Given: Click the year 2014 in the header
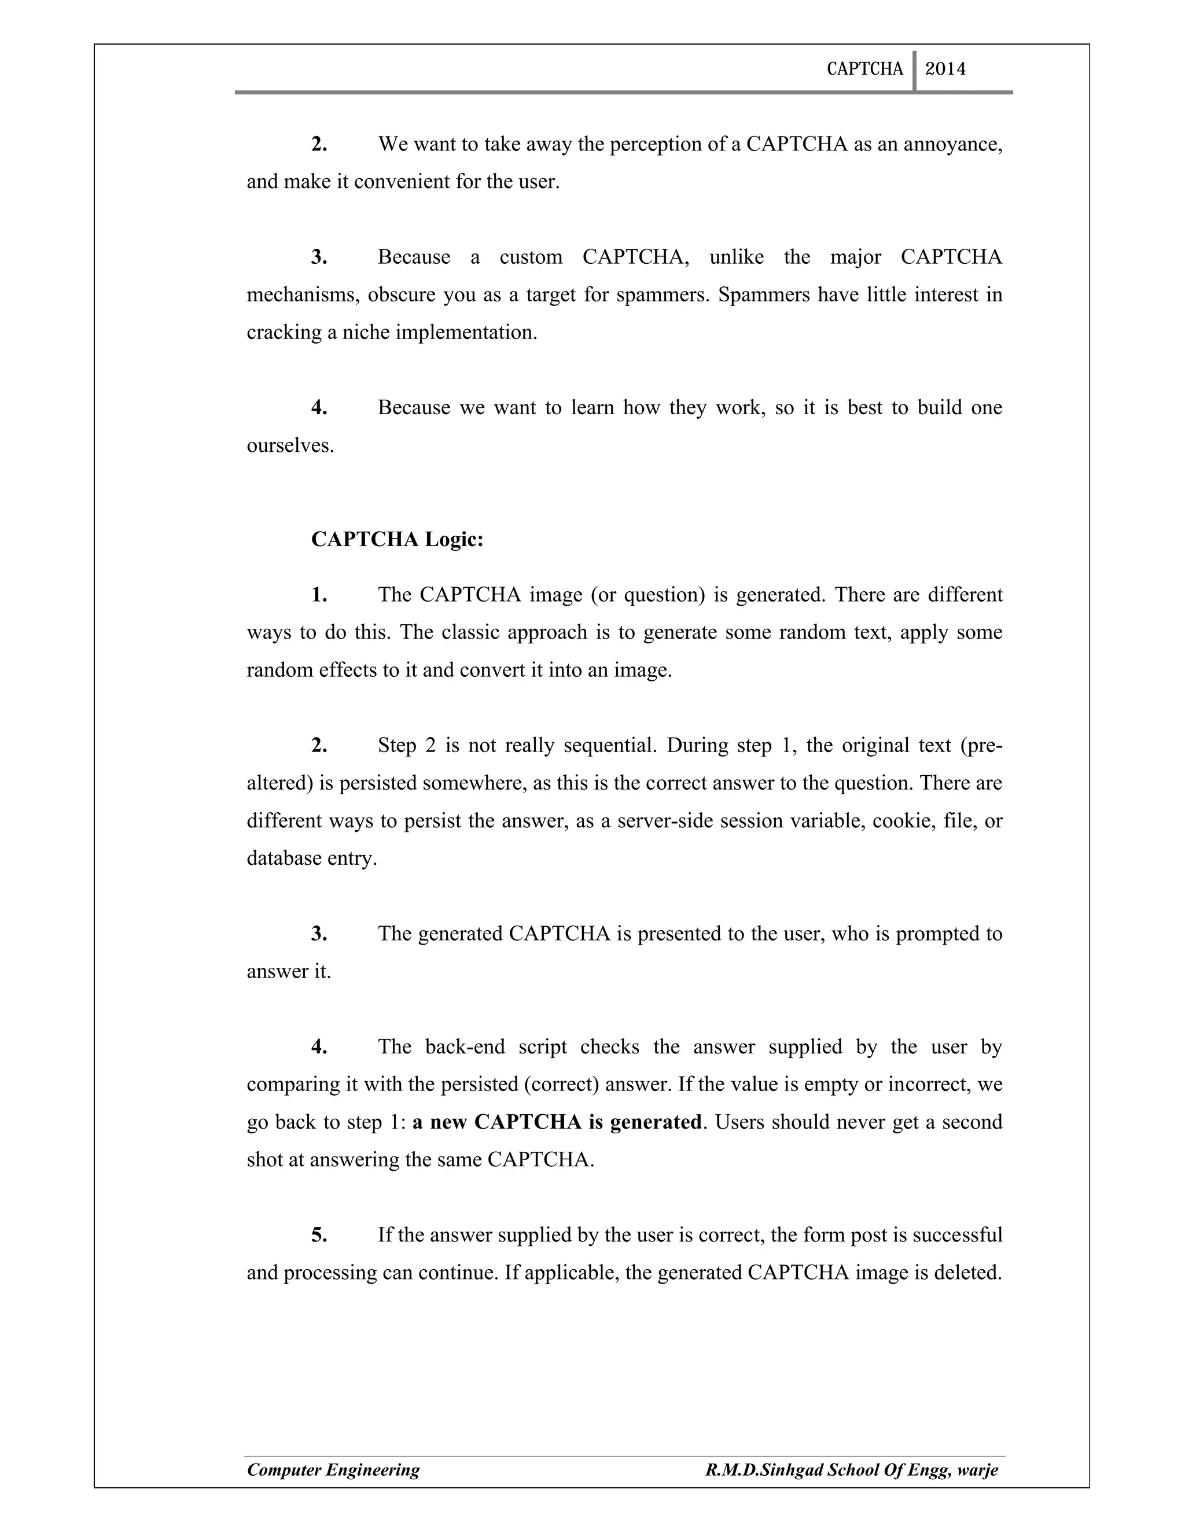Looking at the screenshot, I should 945,69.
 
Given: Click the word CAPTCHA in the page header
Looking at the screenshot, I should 864,69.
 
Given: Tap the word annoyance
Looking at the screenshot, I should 951,144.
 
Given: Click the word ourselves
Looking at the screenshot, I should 289,445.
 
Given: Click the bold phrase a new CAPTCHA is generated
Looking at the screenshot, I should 557,1121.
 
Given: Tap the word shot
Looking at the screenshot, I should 264,1159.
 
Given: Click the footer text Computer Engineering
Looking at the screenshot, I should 333,1469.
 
